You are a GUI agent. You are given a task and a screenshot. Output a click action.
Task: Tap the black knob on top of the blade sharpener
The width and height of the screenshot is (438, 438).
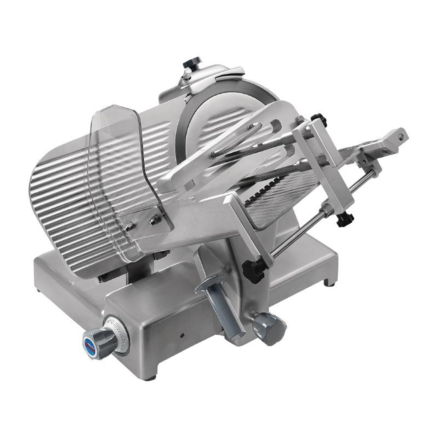click(x=192, y=64)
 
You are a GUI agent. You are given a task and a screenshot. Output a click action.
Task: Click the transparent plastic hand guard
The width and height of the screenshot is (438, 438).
click(x=115, y=159)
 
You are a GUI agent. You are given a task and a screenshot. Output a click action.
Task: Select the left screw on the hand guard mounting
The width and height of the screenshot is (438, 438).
click(x=128, y=227)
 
